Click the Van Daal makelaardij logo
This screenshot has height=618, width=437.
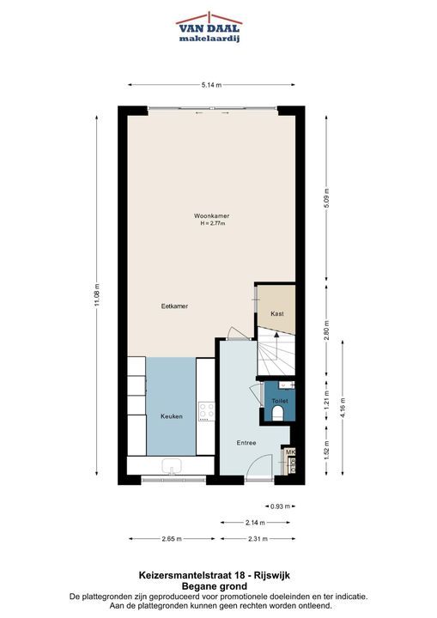coord(209,27)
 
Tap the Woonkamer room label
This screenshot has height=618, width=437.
coord(211,216)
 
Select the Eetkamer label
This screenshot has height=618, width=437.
coord(174,306)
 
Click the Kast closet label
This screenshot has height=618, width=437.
coord(277,314)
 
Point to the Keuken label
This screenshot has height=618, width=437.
coord(172,416)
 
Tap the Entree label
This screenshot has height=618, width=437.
coord(246,443)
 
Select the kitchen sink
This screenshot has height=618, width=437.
coord(172,466)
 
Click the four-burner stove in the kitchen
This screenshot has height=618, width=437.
coord(206,411)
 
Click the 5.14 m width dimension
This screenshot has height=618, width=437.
coord(211,85)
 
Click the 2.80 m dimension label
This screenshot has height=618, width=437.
coord(326,332)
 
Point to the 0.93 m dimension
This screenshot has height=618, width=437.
coord(281,506)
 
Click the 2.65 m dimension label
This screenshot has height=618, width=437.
coord(172,539)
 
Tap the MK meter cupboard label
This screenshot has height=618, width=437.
coord(290,452)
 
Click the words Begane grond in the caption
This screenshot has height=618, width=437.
coord(214,586)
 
